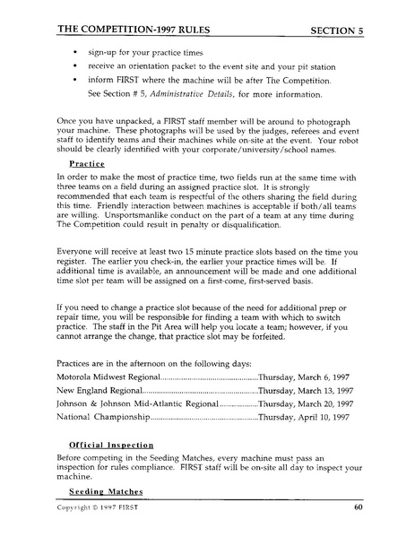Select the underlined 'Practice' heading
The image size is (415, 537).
(x=88, y=164)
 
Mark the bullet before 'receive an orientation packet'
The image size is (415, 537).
(x=73, y=55)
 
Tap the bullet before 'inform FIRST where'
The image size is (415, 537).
(x=73, y=79)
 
